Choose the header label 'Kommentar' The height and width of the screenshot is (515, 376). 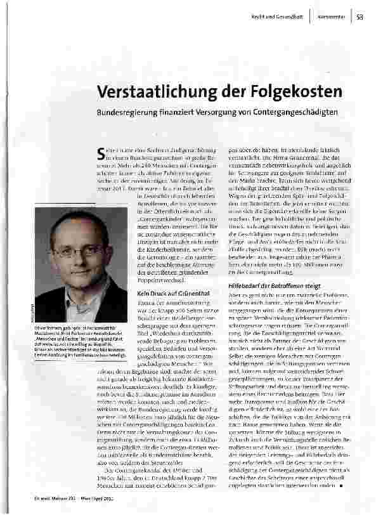click(x=330, y=18)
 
